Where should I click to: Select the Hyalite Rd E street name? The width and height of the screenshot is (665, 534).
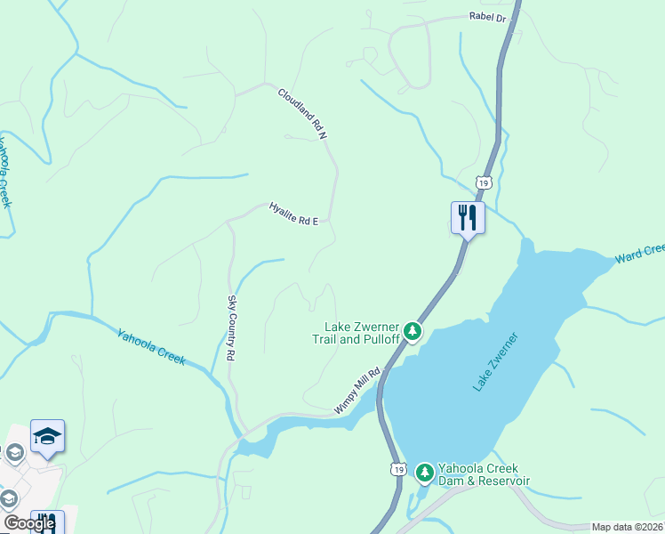point(293,214)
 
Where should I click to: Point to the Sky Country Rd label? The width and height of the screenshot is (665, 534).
point(231,328)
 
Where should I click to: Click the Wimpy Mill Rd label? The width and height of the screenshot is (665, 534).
point(357,391)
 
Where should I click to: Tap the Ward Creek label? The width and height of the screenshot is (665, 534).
point(639,255)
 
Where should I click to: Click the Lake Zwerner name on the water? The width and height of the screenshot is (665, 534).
point(495,361)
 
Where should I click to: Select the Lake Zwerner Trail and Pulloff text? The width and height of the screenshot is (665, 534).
point(353,332)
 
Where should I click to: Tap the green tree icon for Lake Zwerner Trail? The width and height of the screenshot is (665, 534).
point(412,331)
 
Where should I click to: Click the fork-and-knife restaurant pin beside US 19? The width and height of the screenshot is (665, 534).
point(468,217)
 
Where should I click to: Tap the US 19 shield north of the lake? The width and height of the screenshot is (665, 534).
point(483,182)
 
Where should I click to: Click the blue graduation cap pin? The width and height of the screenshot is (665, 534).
point(47,436)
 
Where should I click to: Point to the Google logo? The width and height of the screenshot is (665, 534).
point(29,523)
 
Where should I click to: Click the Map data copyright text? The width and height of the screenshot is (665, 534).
point(628,527)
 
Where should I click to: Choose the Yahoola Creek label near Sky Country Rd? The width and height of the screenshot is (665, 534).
point(151,346)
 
